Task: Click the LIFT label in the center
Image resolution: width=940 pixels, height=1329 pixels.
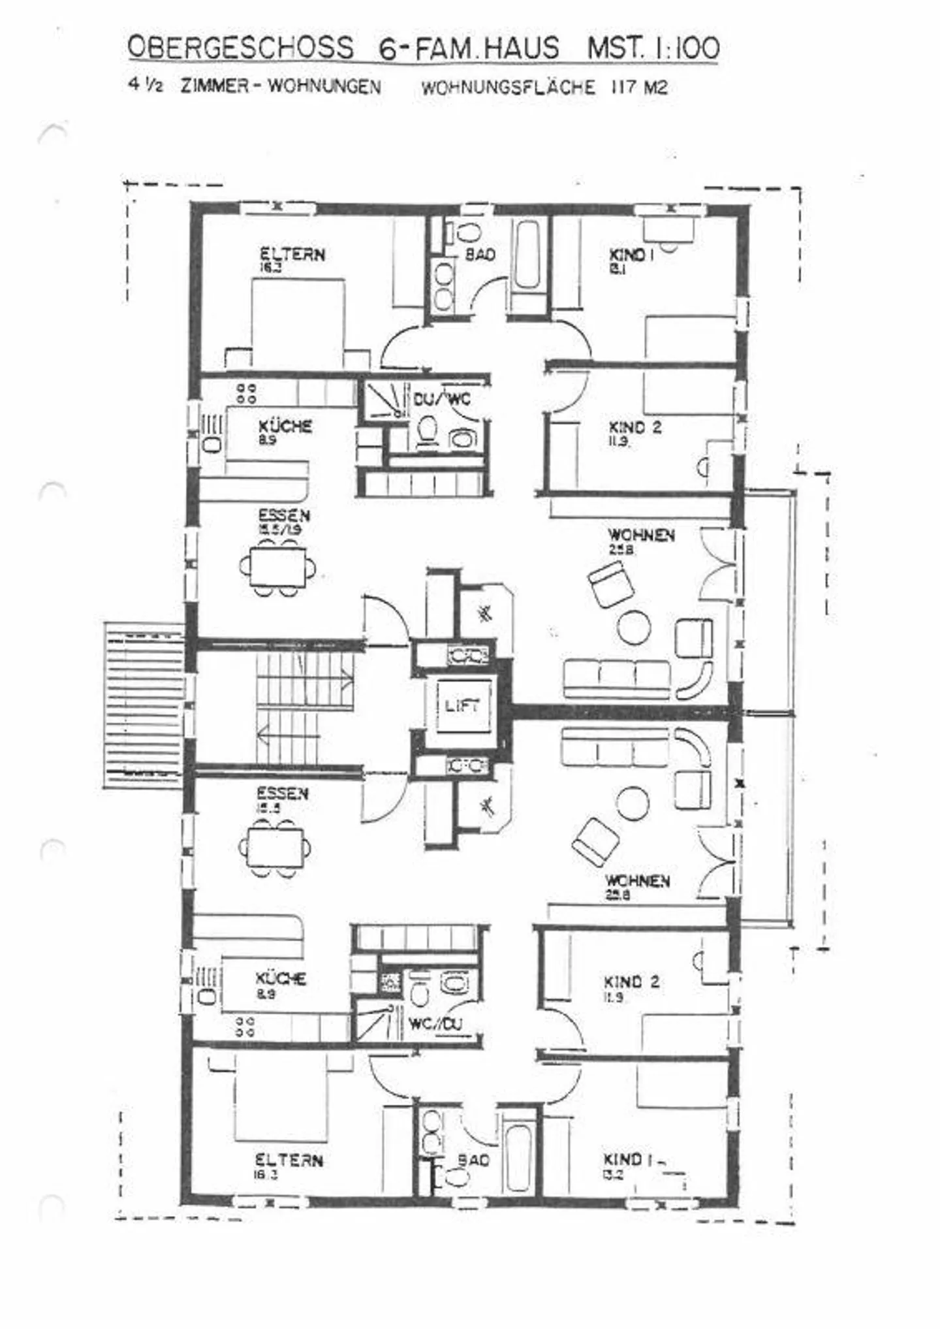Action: [462, 706]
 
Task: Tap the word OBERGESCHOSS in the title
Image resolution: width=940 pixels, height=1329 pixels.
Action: [240, 48]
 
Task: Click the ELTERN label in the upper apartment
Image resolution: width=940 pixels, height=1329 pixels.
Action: [292, 254]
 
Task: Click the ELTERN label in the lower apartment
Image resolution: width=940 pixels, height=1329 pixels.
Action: [289, 1160]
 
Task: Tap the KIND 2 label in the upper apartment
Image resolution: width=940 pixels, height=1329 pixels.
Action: [634, 427]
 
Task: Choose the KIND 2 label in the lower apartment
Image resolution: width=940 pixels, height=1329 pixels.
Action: [631, 982]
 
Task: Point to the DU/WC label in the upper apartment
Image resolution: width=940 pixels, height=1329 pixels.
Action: [442, 398]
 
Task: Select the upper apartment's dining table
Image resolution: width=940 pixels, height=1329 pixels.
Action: [278, 566]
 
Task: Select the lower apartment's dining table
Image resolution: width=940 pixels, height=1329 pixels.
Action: [275, 847]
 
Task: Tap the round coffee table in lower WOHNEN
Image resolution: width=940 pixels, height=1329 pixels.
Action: [633, 803]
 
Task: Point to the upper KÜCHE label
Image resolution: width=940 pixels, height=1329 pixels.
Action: [285, 426]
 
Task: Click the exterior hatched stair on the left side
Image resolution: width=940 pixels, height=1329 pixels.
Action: [144, 705]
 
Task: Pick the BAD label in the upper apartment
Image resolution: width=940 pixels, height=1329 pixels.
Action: [480, 255]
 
